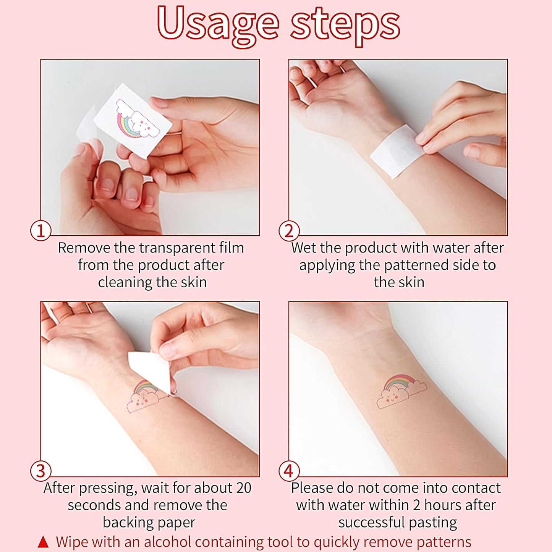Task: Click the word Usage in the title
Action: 218,24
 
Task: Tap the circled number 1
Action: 41,231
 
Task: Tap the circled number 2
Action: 289,231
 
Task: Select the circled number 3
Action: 41,471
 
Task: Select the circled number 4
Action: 289,471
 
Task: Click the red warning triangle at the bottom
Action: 44,542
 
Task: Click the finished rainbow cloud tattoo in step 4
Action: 401,392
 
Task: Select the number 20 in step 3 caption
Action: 243,488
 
